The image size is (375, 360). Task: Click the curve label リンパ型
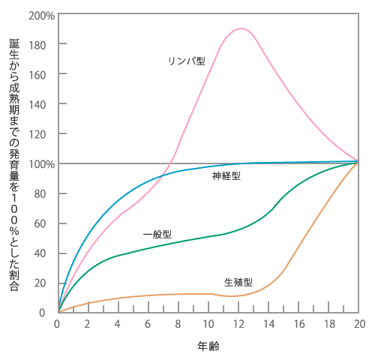coord(187,60)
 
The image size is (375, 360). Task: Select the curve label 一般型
coord(158,234)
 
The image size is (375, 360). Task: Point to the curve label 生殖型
coord(238,283)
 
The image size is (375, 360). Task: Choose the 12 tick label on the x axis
coord(239,324)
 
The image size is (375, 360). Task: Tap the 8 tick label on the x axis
coord(178,324)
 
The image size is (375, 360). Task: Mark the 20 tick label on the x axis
coord(359,324)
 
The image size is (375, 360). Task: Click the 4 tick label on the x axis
coord(118,324)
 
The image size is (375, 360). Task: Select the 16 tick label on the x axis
coord(299,324)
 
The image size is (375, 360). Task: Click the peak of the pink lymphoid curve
coord(240,28)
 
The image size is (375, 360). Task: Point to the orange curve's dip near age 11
coord(231,296)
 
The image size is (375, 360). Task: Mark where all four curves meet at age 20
coord(358,161)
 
